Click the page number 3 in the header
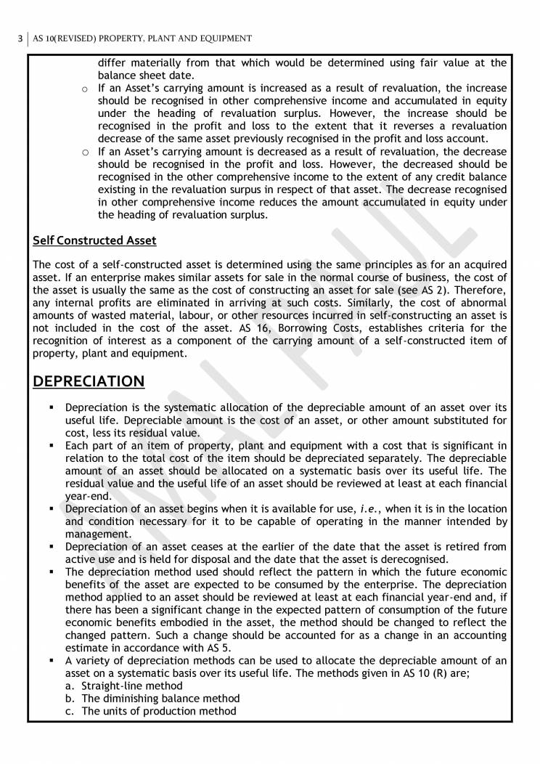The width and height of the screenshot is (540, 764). click(20, 38)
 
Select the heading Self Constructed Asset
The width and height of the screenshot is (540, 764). click(95, 240)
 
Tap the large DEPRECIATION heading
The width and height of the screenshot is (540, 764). click(89, 381)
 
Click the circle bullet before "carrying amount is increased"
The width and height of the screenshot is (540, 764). click(84, 88)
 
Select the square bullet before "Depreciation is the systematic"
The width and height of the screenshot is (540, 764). click(52, 407)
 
